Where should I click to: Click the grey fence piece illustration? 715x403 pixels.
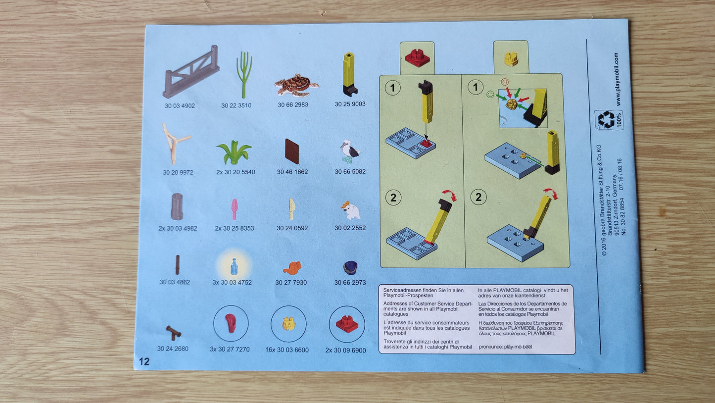pos(191,72)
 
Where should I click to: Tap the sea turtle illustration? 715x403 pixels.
pos(296,85)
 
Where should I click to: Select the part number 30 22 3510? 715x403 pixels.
pos(236,105)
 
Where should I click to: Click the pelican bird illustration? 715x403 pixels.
pos(350,151)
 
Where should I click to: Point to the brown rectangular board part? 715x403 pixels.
pos(292,151)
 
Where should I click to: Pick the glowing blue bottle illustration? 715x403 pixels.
pos(234,266)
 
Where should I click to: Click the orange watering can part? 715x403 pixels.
pos(292,268)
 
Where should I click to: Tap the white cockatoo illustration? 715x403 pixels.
pos(350,210)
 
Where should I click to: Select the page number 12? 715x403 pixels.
pos(144,361)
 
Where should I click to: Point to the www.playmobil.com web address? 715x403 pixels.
pos(616,79)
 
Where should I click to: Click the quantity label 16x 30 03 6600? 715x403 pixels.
pos(287,350)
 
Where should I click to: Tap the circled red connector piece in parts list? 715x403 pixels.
pos(347,324)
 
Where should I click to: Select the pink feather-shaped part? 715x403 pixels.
pos(234,209)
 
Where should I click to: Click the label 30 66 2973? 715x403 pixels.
pos(350,283)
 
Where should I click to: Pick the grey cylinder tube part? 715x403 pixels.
pos(177,206)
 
